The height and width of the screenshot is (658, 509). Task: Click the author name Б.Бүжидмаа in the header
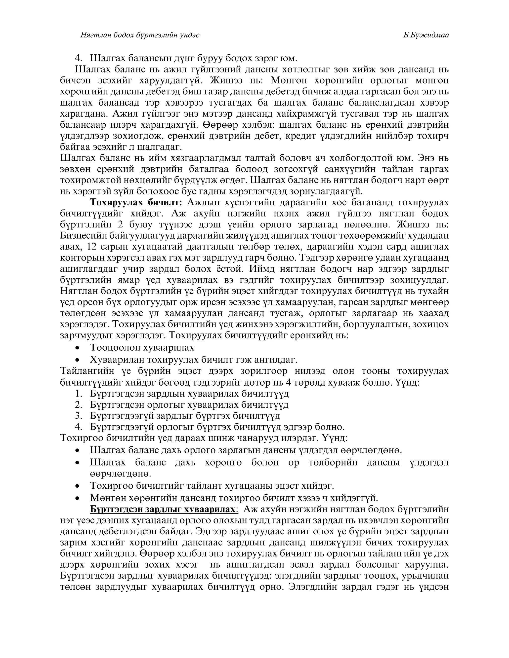coord(426,35)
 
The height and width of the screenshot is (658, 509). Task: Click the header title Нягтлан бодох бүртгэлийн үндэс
coord(140,35)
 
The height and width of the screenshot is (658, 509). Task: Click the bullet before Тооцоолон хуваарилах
coord(78,348)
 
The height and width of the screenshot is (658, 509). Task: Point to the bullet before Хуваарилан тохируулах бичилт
coord(78,360)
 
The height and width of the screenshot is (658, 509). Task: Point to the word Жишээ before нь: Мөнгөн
coord(227,80)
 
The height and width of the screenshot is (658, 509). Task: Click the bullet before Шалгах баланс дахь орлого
coord(78,450)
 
